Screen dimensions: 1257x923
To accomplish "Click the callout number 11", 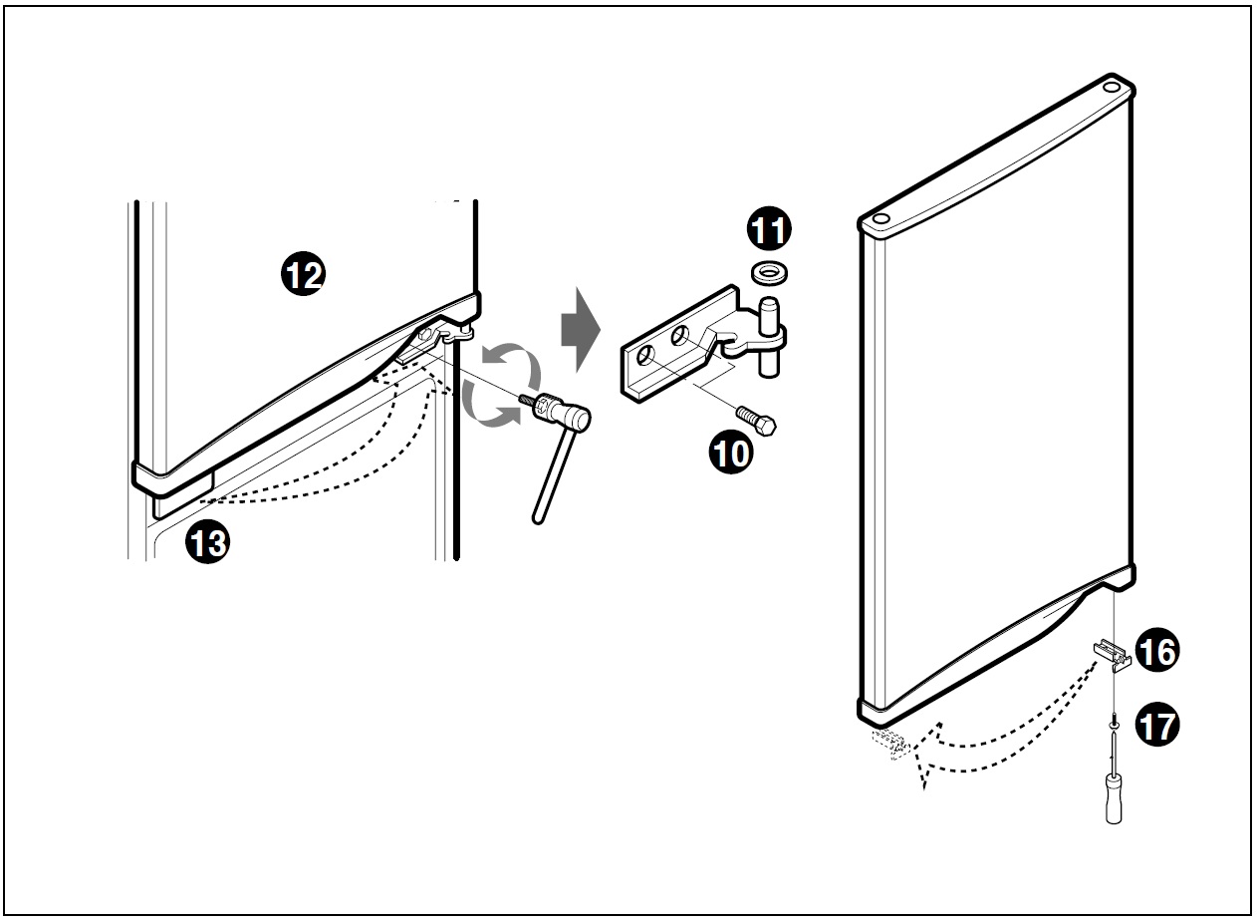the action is click(769, 228).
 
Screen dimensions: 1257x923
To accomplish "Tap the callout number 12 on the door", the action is click(303, 273).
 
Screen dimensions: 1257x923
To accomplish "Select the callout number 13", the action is click(207, 541).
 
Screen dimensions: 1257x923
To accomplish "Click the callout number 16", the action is click(1157, 650).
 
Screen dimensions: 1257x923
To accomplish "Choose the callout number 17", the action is click(1157, 725).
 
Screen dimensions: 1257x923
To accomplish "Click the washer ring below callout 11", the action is click(769, 273).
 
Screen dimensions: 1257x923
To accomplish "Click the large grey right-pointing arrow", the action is click(581, 330).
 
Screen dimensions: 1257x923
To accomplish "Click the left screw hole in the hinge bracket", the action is click(645, 356).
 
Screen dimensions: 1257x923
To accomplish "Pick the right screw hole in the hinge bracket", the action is click(679, 336).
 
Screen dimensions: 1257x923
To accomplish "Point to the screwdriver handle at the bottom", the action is click(1114, 797).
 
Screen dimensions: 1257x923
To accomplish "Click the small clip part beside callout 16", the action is click(1113, 655).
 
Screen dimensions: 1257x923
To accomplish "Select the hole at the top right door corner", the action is click(1112, 87).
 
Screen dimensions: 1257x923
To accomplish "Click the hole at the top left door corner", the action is click(881, 218).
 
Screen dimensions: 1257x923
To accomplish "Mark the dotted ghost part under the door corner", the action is click(890, 744).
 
